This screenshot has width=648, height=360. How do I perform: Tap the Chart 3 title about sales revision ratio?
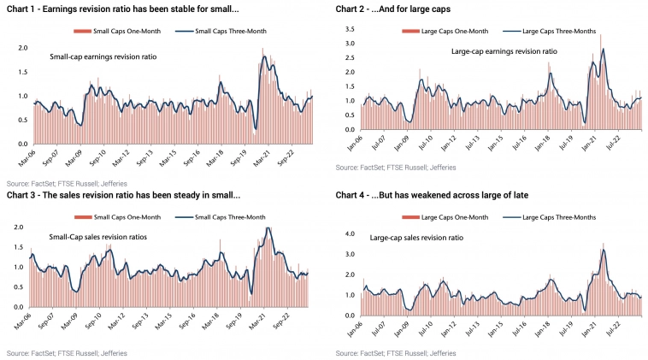(x=124, y=195)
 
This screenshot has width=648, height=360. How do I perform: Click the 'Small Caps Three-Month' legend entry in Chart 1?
(x=209, y=32)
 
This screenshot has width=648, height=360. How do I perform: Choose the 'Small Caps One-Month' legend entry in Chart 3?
(x=121, y=217)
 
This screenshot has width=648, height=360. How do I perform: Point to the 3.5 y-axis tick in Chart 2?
(x=349, y=29)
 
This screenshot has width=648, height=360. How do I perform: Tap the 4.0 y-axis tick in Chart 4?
(x=349, y=233)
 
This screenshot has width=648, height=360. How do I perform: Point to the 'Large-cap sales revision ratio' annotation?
(x=416, y=237)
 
